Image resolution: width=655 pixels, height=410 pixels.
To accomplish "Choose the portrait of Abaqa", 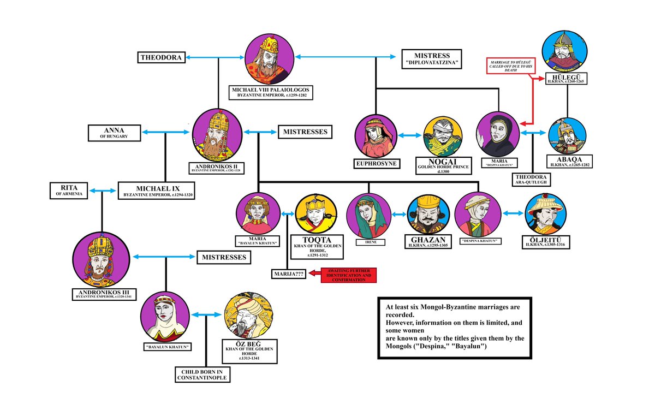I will click(567, 135).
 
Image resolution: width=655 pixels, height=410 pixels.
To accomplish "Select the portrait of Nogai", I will click(443, 137).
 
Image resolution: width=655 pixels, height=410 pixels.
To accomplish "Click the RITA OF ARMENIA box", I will click(69, 190).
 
